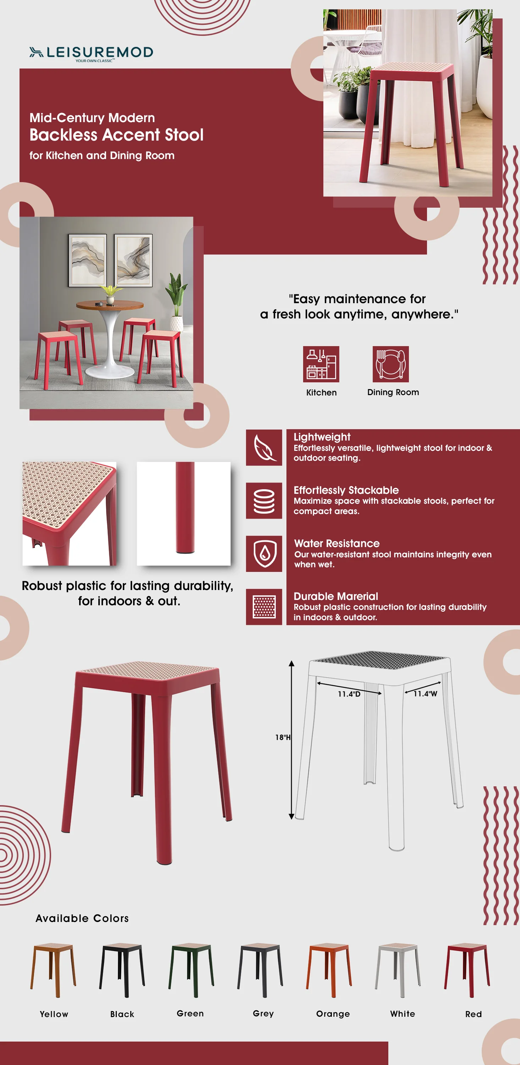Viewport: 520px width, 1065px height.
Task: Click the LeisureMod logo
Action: click(x=91, y=53)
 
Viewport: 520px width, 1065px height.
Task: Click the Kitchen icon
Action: click(x=321, y=364)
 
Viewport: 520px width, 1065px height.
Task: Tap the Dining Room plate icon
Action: click(x=390, y=364)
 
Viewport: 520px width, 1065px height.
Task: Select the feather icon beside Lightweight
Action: click(x=264, y=447)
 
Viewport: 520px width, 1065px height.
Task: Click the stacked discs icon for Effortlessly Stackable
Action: click(x=264, y=500)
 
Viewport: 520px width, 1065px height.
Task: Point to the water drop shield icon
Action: click(x=264, y=553)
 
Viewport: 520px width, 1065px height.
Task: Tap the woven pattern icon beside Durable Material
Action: click(x=264, y=606)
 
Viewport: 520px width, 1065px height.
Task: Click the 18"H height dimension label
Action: click(x=283, y=737)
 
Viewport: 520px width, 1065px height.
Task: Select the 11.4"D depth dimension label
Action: click(x=349, y=694)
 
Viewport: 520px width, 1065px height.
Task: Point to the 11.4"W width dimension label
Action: click(x=425, y=694)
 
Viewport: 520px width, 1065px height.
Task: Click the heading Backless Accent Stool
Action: click(x=116, y=135)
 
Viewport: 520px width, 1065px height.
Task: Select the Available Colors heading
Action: click(x=82, y=918)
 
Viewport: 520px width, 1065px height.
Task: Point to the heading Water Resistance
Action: click(x=336, y=543)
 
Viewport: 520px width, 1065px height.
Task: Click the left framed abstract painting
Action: click(x=88, y=260)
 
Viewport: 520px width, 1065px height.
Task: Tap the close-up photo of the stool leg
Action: click(x=184, y=513)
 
